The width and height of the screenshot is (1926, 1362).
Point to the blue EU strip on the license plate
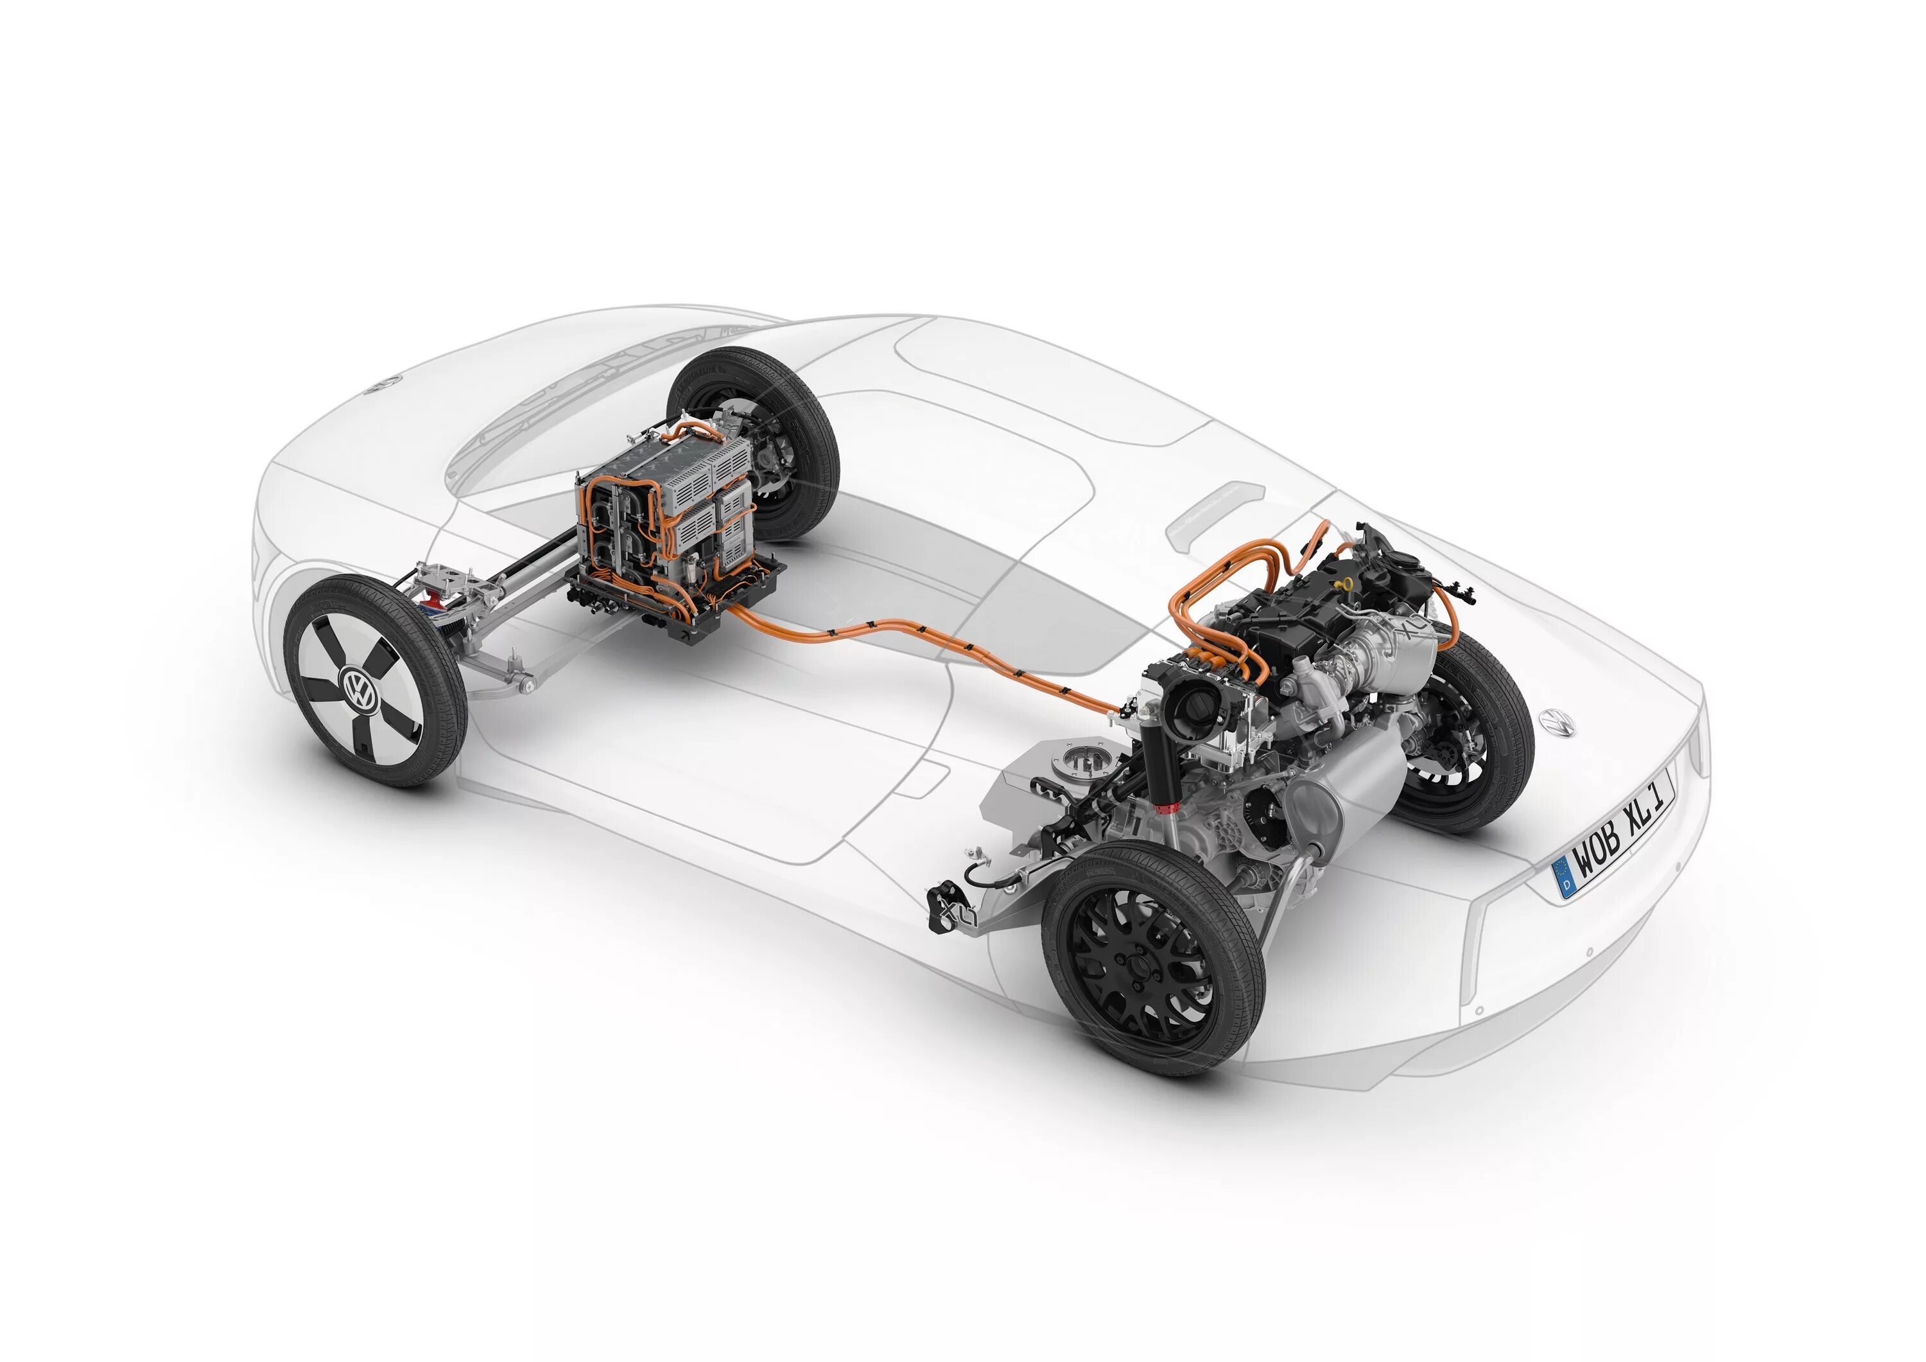[x=1565, y=877]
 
